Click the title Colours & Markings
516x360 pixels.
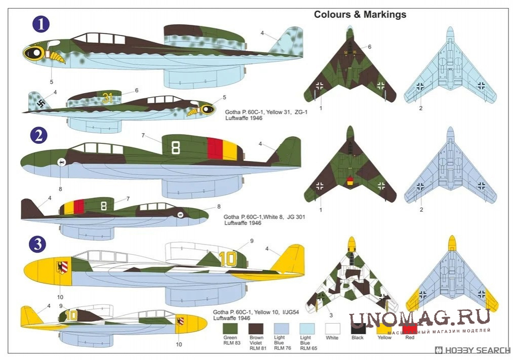[x=360, y=14]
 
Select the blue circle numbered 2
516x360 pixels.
[x=39, y=135]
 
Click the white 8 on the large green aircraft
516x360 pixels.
[x=176, y=147]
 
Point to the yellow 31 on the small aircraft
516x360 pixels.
[x=107, y=98]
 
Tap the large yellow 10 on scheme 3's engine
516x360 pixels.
[x=228, y=259]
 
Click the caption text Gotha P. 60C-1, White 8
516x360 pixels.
[x=264, y=216]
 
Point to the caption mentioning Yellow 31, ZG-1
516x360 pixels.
[x=266, y=111]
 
